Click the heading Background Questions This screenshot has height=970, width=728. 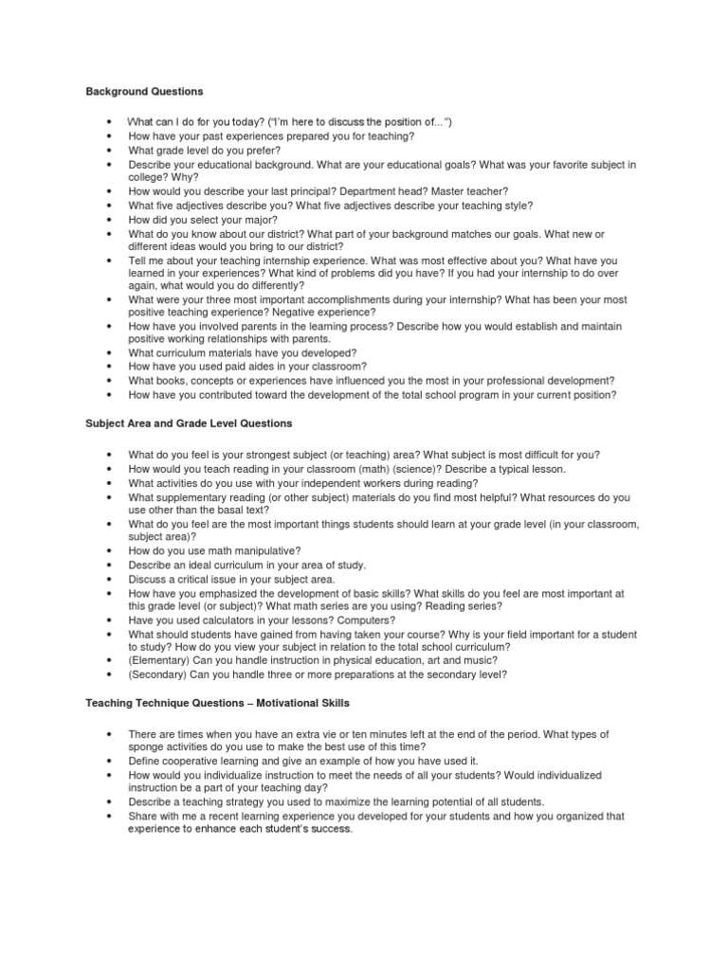coord(144,92)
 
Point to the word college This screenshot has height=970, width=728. coord(148,176)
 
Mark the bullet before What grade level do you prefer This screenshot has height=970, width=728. coord(111,150)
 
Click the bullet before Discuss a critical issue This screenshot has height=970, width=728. coord(111,578)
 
